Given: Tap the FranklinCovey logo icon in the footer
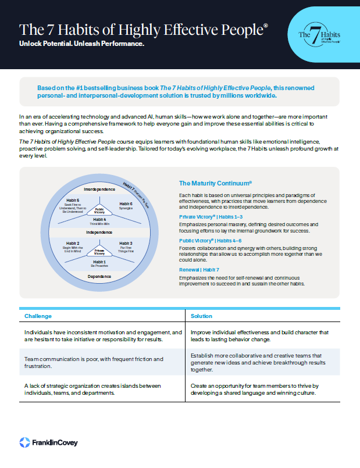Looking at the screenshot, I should (24, 442).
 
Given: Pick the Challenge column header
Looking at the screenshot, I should (38, 316).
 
